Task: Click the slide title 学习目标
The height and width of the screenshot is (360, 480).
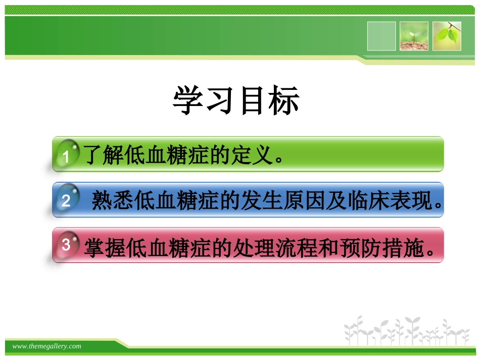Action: pyautogui.click(x=236, y=100)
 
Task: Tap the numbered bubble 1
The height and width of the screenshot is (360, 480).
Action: pyautogui.click(x=66, y=156)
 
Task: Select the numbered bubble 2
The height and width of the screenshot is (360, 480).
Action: pyautogui.click(x=66, y=201)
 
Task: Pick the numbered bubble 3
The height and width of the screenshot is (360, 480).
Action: pyautogui.click(x=66, y=245)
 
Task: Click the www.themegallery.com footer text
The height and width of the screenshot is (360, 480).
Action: pyautogui.click(x=46, y=346)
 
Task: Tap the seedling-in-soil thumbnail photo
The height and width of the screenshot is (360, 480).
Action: pyautogui.click(x=414, y=36)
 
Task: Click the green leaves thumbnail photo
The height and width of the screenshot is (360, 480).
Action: pyautogui.click(x=447, y=36)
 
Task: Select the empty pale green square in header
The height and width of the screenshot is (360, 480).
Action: pyautogui.click(x=381, y=36)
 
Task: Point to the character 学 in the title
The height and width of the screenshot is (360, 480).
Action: pyautogui.click(x=188, y=100)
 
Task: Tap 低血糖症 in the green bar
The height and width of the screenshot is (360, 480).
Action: pyautogui.click(x=170, y=155)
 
